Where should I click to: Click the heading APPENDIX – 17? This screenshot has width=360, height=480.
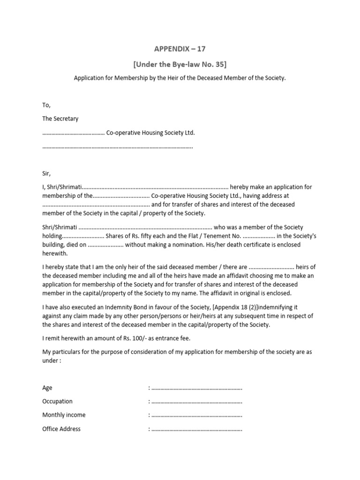(180, 49)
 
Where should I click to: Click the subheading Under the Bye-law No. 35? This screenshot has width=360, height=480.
(180, 64)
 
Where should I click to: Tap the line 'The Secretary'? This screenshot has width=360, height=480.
(60, 119)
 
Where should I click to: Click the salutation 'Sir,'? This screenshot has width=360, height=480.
(46, 173)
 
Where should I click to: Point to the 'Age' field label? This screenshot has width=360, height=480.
(47, 388)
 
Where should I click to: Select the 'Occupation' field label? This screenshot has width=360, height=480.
(58, 401)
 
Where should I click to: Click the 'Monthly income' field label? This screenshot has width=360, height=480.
(64, 415)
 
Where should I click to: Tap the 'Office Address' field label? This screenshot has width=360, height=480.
(61, 428)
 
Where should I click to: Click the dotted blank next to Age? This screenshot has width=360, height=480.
(197, 389)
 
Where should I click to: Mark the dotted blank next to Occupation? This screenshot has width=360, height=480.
(197, 402)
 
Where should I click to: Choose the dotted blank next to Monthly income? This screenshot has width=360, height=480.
(197, 416)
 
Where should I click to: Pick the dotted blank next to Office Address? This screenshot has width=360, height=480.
(197, 429)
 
